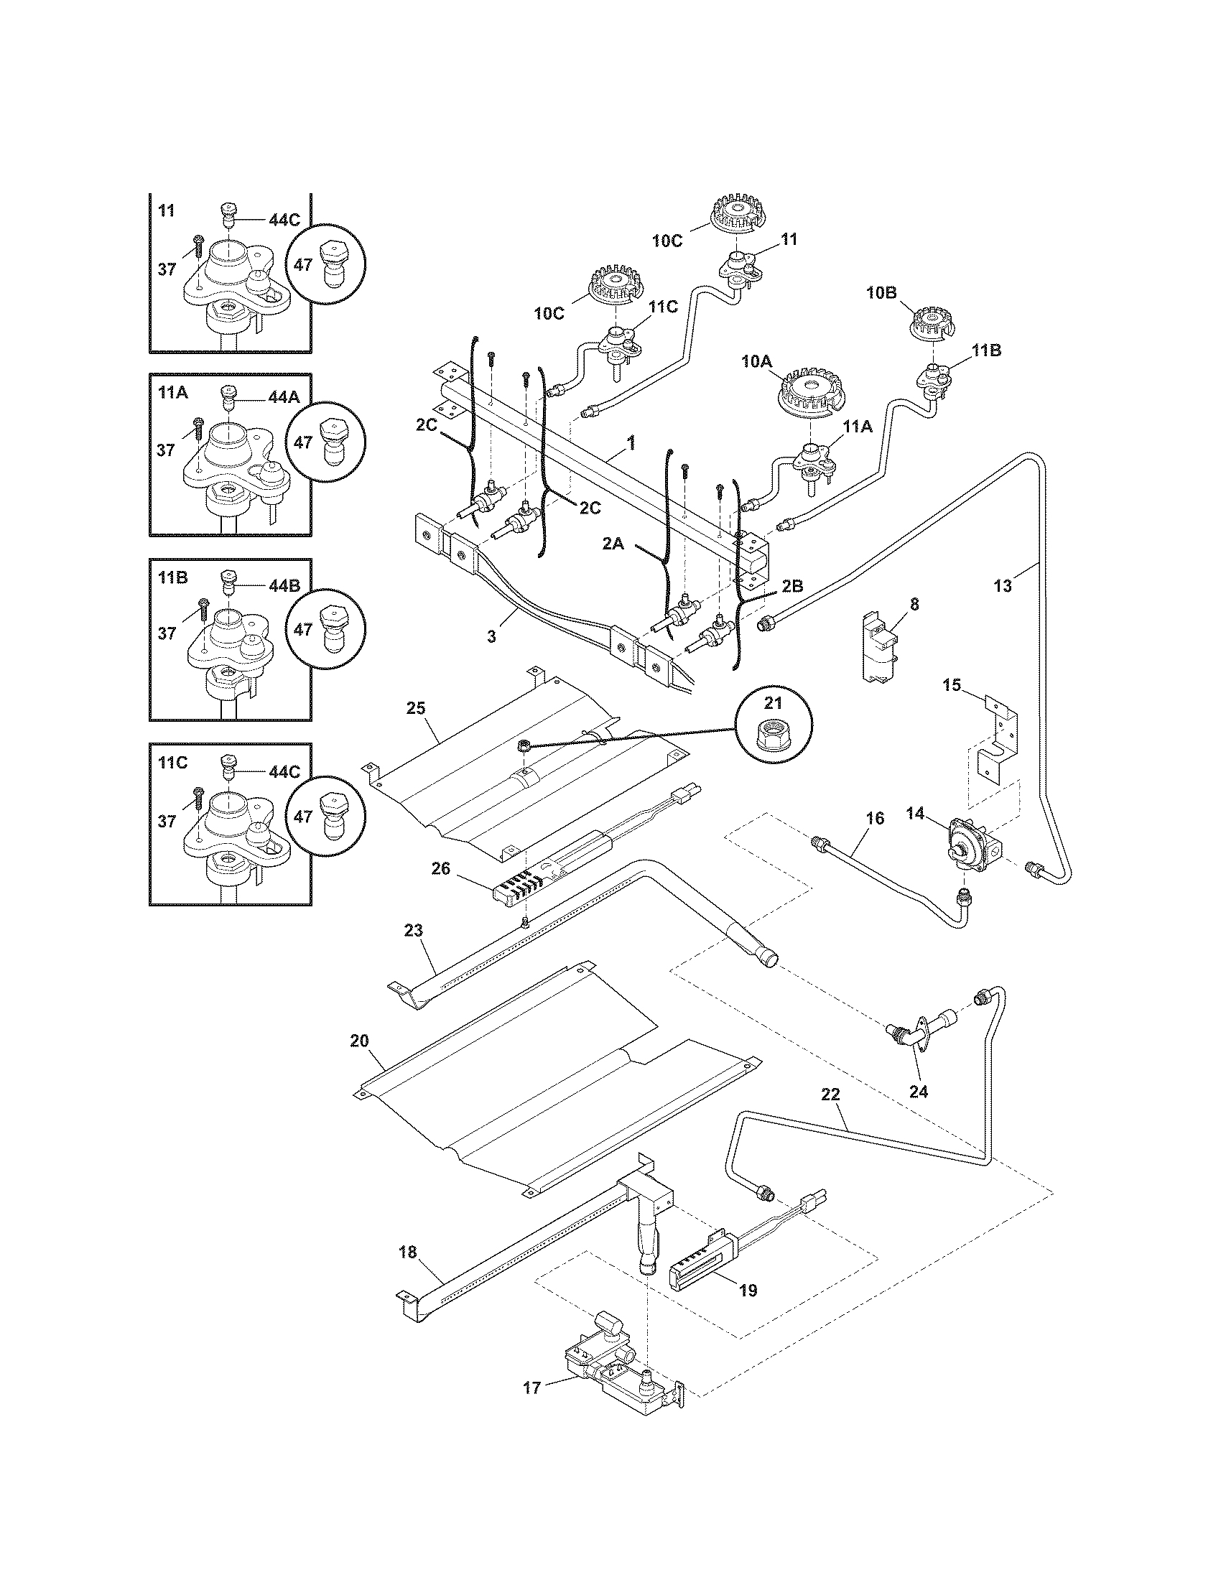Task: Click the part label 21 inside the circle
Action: [x=774, y=702]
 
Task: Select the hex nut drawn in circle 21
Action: [x=774, y=736]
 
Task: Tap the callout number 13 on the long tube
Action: [x=1002, y=586]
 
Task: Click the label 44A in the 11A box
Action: [x=284, y=397]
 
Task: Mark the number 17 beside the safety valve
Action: [x=531, y=1388]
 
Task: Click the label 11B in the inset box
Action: [x=173, y=577]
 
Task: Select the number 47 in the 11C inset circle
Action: [x=303, y=816]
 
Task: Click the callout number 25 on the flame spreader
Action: [x=415, y=707]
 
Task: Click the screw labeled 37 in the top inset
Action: [x=198, y=246]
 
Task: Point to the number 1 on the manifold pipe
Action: [x=631, y=442]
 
